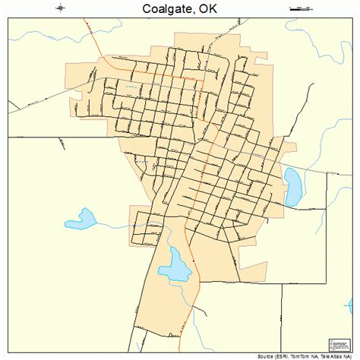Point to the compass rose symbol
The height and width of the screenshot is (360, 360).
tap(60, 8)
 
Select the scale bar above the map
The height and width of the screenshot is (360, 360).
tap(302, 8)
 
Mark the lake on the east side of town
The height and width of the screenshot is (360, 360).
tap(291, 187)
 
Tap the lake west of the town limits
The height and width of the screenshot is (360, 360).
tap(81, 221)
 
